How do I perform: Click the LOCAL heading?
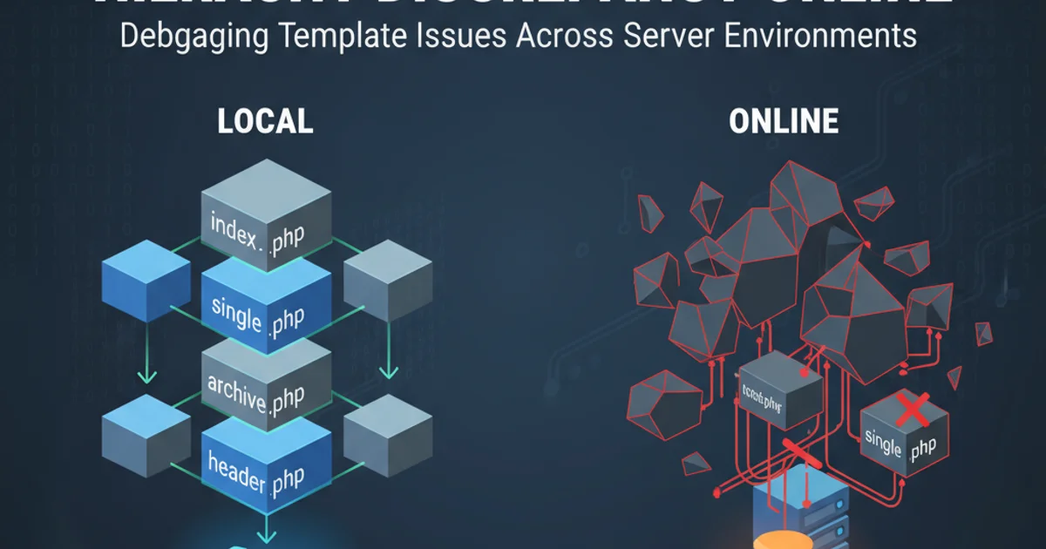click(264, 122)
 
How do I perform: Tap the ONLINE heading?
click(784, 122)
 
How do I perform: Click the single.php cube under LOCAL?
click(266, 305)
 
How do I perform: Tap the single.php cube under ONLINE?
click(900, 440)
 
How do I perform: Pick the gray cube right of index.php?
click(388, 281)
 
